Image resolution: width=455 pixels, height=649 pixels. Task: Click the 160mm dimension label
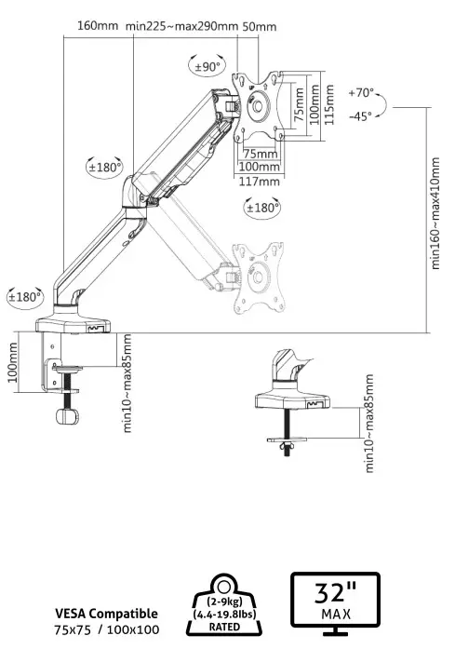click(x=98, y=25)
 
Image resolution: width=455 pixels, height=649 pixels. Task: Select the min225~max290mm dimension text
click(x=181, y=25)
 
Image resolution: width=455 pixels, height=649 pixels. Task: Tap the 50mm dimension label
click(x=259, y=25)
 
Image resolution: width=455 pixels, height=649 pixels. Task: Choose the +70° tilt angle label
click(x=361, y=93)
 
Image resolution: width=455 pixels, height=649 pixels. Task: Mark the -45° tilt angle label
click(x=360, y=115)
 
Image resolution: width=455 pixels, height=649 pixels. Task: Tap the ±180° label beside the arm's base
click(x=25, y=297)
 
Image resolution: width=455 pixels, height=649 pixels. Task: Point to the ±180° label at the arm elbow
click(x=104, y=168)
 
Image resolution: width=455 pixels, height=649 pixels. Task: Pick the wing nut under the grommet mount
click(x=288, y=448)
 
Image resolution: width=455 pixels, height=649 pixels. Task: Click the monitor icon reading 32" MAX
click(x=335, y=603)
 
